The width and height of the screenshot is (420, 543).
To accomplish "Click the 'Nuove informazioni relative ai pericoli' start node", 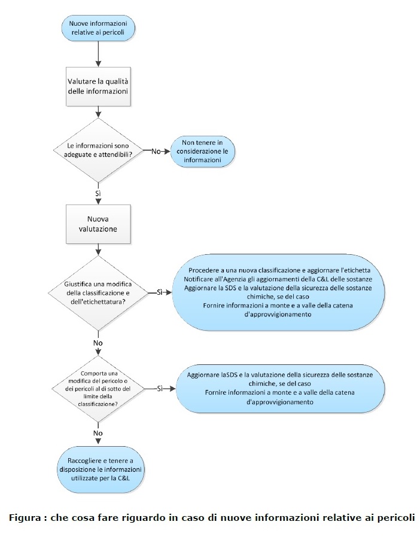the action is point(98,28).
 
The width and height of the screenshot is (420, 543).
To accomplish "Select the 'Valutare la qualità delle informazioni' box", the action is point(98,87).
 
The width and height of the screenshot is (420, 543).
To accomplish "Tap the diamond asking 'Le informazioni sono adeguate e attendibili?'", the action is point(98,150).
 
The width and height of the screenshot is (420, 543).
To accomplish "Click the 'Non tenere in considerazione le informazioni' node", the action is point(202,151).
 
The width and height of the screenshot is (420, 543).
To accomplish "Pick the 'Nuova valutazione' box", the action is point(98,224).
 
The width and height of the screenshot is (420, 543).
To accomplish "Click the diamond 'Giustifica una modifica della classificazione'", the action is point(98,293).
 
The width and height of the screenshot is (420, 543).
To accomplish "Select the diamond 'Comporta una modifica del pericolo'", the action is point(98,389).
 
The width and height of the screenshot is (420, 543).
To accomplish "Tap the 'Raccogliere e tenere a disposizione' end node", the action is point(101,469).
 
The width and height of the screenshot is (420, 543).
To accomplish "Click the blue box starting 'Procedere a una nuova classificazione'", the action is point(278,292).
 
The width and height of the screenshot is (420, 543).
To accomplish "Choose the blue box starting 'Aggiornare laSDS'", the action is point(280,389).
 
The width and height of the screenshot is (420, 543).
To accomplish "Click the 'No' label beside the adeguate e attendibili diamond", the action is point(156,151).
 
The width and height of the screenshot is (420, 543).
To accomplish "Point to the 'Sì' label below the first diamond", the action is point(98,194).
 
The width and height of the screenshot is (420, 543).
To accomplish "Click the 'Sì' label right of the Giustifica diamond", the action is point(160,292).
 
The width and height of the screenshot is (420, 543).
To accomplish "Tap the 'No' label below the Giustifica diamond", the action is point(98,343).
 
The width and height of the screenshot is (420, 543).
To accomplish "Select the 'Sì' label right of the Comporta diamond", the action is point(160,389).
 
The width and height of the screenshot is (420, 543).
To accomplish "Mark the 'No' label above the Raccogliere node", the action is point(98,433).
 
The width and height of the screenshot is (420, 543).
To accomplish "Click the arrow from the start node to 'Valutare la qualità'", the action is point(98,54).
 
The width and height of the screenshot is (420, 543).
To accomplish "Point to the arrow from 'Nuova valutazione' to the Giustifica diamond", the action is point(98,249).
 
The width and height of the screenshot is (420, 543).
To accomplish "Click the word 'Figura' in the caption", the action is point(25,518).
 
